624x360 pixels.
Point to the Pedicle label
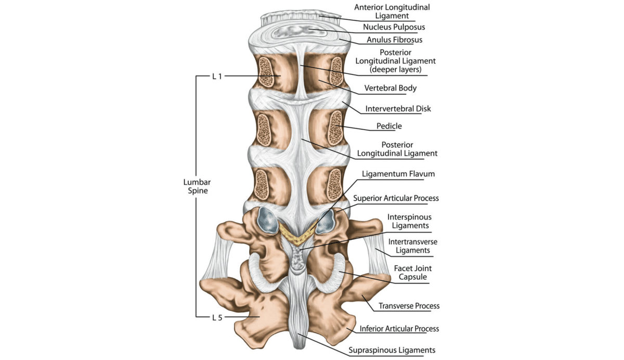tap(389, 126)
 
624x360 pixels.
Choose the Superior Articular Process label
tap(396, 198)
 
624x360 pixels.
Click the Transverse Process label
tap(409, 306)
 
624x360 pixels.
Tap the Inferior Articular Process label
tap(399, 329)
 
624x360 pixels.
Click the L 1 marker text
tap(217, 76)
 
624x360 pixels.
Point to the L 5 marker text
tap(217, 317)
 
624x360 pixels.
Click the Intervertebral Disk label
tap(398, 109)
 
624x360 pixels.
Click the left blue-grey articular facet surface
tap(268, 220)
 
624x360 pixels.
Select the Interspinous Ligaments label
tap(409, 221)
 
